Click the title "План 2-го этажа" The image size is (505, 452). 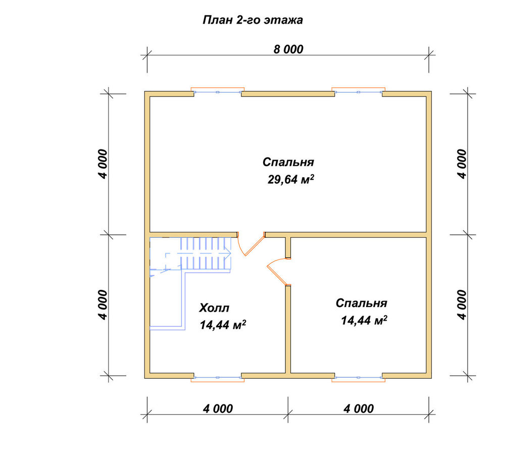point(253,20)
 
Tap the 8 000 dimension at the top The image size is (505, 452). point(288,49)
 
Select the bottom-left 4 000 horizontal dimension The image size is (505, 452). point(218,409)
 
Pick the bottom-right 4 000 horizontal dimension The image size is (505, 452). point(359,409)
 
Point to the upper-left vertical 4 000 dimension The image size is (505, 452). point(103,164)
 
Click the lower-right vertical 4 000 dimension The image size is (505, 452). point(462,305)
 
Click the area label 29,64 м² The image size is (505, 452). point(291,179)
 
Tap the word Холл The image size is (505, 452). point(214,308)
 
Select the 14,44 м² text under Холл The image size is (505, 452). point(223,325)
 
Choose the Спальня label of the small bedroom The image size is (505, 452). point(362,303)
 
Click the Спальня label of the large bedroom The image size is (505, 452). point(288,162)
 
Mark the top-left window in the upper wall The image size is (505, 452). point(218,92)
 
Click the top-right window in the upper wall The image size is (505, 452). point(359,92)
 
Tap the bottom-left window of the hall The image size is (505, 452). point(218,378)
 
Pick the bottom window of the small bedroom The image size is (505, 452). point(359,378)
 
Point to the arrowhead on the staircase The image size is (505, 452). point(228,253)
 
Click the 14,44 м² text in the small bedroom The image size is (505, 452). point(364,320)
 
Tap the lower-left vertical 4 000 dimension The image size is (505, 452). point(103,305)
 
